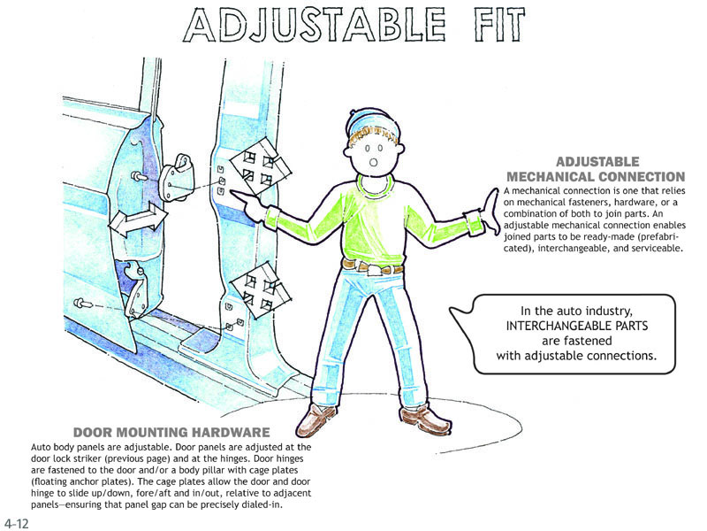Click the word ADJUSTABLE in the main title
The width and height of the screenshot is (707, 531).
(x=315, y=25)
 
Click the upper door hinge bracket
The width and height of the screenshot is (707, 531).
(x=177, y=178)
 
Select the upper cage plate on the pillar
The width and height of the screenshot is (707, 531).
(x=261, y=166)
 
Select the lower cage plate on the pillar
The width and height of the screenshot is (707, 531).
(x=261, y=291)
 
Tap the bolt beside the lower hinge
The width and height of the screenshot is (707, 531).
(x=82, y=303)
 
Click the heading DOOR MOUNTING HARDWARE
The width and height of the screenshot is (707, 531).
(x=171, y=432)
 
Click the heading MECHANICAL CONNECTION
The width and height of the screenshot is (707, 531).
(x=596, y=176)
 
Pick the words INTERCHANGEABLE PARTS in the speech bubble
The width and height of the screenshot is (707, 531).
(x=577, y=326)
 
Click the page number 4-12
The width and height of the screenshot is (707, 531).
(x=16, y=523)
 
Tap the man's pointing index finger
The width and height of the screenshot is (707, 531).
(x=244, y=196)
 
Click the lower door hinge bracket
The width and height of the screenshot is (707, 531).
(x=136, y=289)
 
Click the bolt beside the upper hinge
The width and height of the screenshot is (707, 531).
(x=139, y=175)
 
